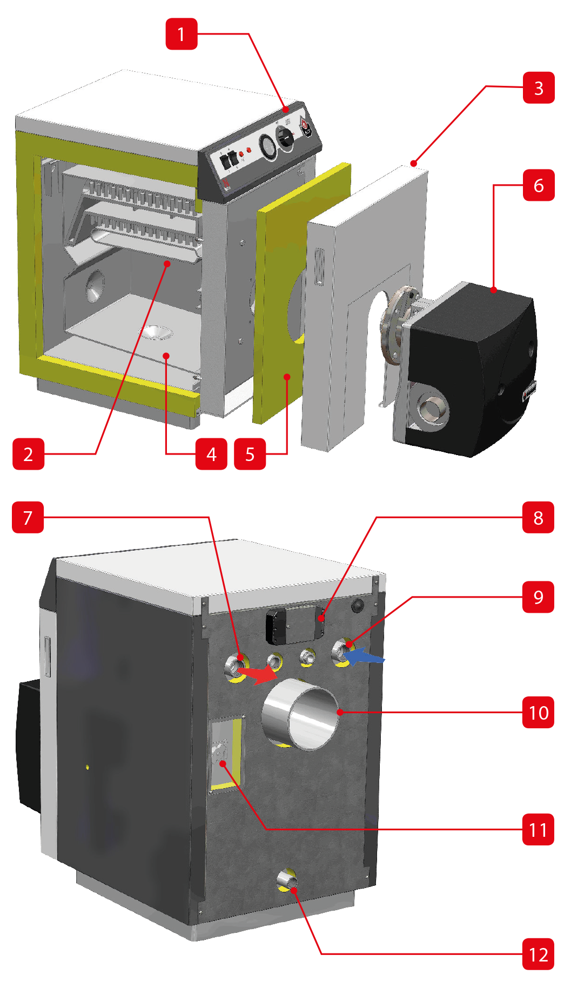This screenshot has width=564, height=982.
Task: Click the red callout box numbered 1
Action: [181, 34]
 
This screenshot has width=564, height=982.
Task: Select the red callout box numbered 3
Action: [539, 87]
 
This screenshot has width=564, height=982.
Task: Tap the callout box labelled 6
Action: [539, 185]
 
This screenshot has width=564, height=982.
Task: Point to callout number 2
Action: [28, 454]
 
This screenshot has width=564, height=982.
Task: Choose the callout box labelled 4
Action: [211, 454]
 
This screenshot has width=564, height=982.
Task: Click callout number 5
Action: [250, 454]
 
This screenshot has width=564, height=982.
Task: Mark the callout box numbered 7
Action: [28, 517]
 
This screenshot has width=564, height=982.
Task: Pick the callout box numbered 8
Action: [538, 517]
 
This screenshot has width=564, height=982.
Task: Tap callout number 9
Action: [538, 597]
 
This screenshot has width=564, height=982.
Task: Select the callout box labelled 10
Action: [538, 712]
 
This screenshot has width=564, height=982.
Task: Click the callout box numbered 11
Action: [538, 829]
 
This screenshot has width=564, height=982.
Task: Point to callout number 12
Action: [538, 954]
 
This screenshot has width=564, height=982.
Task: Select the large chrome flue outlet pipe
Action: [300, 714]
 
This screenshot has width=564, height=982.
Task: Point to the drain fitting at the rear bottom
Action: [287, 880]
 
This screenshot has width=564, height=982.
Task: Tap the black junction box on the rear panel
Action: [294, 625]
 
